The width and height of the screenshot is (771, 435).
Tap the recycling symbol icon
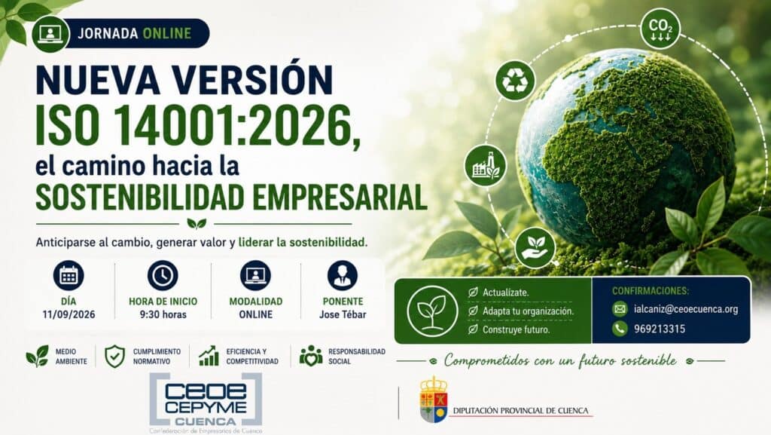(x=515, y=80)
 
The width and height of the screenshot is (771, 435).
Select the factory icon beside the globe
(x=486, y=165)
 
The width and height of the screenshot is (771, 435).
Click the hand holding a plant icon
(x=535, y=247)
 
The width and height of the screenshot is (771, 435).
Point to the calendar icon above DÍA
(x=69, y=275)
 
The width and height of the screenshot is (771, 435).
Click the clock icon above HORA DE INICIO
(x=163, y=275)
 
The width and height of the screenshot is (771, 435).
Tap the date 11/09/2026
(x=69, y=315)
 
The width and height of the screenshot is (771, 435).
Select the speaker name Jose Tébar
(x=343, y=314)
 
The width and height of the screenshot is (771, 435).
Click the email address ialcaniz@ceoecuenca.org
(x=686, y=309)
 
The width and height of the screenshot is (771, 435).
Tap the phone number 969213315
(x=660, y=329)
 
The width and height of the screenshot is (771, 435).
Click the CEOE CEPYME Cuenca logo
(x=206, y=402)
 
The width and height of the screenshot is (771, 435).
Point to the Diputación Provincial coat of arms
(x=433, y=400)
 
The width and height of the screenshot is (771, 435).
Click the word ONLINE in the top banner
(x=166, y=33)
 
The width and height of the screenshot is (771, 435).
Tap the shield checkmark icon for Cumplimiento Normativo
(x=114, y=357)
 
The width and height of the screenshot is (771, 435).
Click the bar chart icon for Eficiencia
(x=209, y=356)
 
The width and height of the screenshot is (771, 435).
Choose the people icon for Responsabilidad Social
(x=311, y=356)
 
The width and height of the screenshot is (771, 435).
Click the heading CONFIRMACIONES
(x=651, y=291)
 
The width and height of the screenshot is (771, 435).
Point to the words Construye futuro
(x=509, y=329)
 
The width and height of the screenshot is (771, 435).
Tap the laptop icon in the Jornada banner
(x=50, y=33)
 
